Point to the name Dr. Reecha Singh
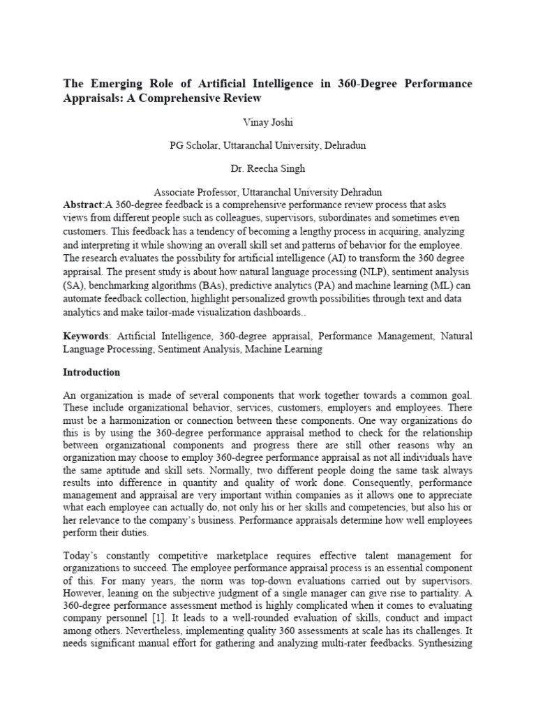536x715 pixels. click(267, 169)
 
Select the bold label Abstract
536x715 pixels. click(82, 205)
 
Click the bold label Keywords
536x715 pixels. click(85, 337)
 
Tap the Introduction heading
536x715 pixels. click(91, 372)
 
